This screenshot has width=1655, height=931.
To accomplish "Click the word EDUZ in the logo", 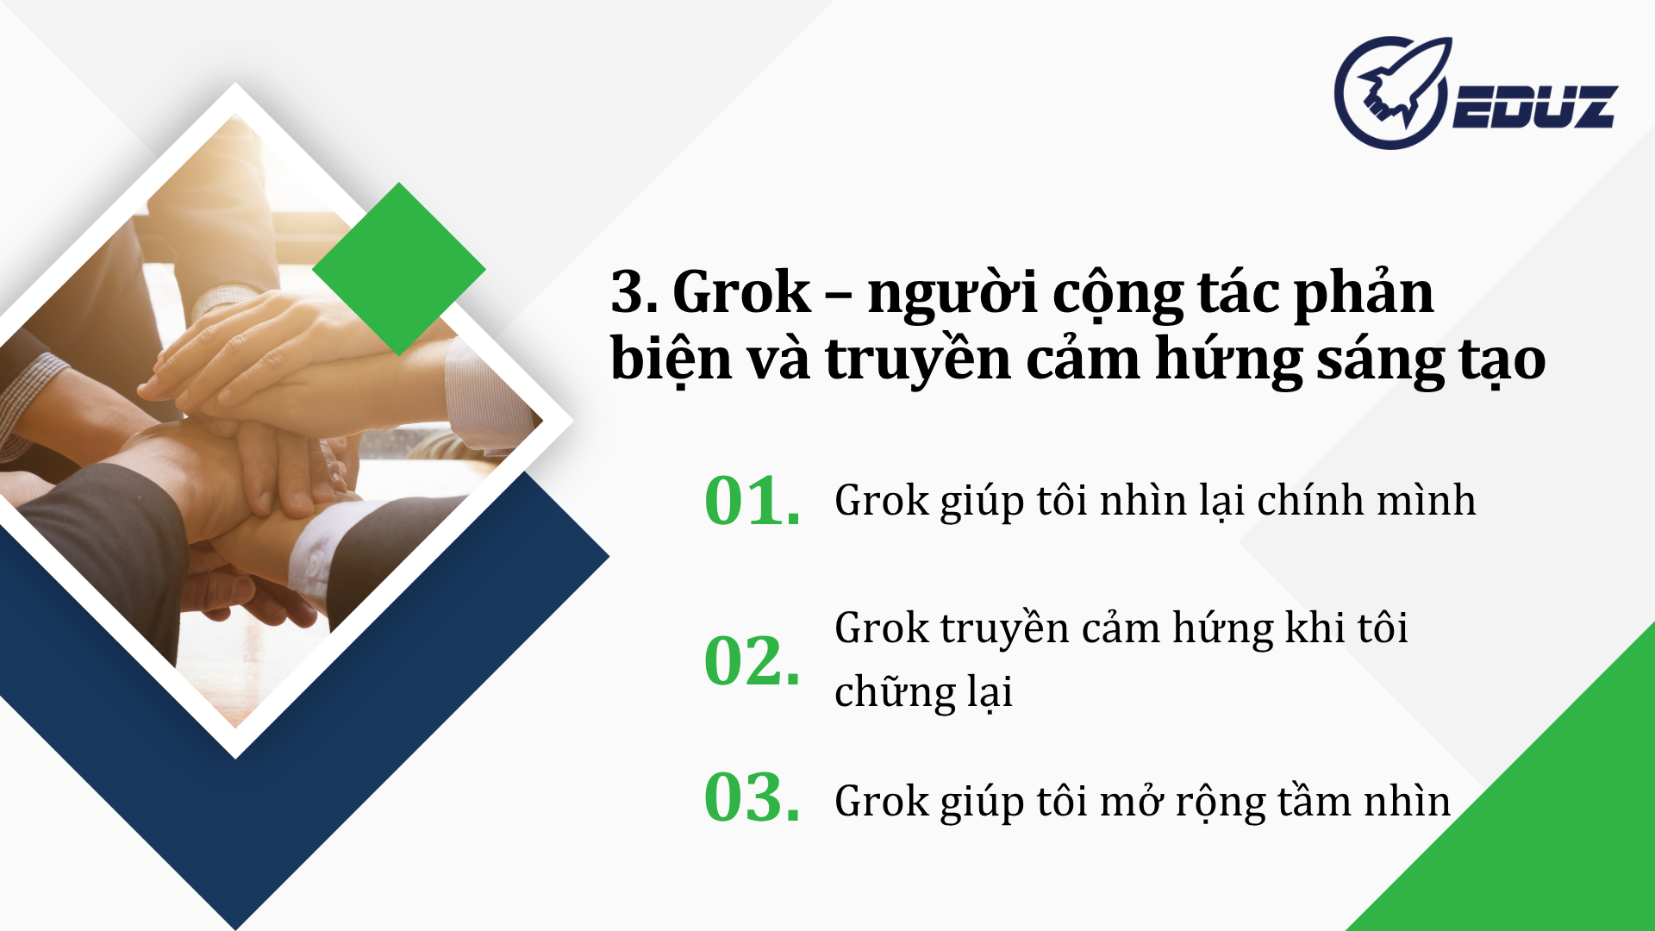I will pyautogui.click(x=1535, y=108).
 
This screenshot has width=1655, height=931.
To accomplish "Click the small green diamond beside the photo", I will pyautogui.click(x=399, y=269).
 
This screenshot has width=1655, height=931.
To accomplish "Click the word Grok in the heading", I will pyautogui.click(x=741, y=293).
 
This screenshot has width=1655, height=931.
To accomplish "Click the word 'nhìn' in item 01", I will pyautogui.click(x=1143, y=501).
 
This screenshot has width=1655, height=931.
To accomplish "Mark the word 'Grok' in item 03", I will pyautogui.click(x=882, y=802).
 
